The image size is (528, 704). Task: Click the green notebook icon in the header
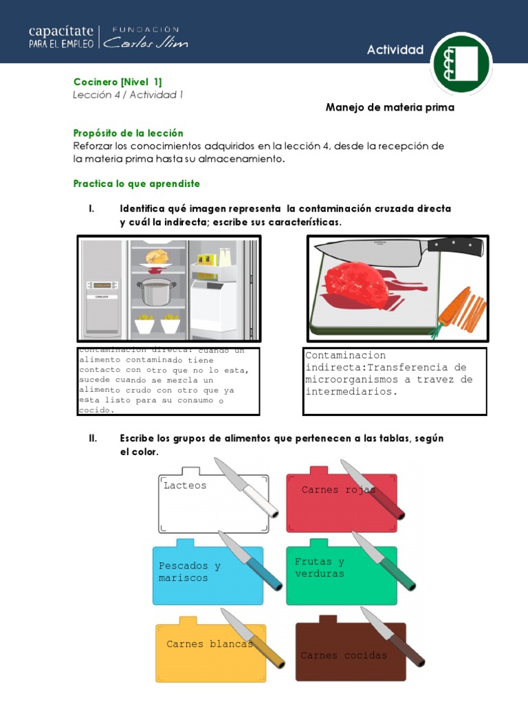click(461, 63)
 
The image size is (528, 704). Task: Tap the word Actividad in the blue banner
click(395, 49)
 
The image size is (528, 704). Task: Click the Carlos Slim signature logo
click(145, 42)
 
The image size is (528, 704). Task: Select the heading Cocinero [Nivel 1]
click(118, 82)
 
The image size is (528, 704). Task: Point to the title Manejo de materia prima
click(390, 108)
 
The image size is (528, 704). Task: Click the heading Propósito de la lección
click(129, 133)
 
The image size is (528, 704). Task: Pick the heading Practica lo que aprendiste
click(136, 184)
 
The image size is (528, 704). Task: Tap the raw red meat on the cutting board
click(357, 283)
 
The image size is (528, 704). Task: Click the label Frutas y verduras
click(320, 568)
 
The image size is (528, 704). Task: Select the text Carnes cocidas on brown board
click(344, 655)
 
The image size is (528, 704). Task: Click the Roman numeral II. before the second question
click(94, 439)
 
